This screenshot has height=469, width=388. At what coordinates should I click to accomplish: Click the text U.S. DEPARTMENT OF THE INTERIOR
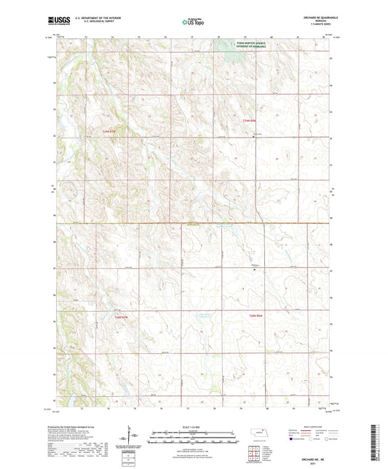coord(94,19)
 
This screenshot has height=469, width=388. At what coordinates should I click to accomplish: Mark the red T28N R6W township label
coord(251,314)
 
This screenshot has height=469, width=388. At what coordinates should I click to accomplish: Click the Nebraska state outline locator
coord(256,434)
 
